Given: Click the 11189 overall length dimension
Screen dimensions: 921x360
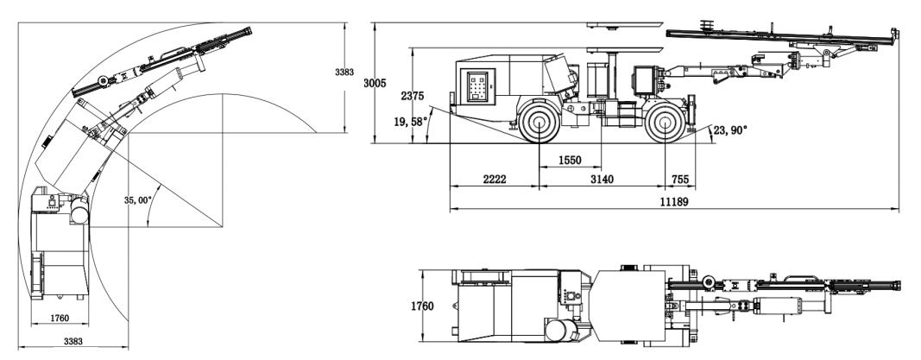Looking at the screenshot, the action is tap(674, 201).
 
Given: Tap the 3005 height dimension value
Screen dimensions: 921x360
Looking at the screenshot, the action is tap(375, 84).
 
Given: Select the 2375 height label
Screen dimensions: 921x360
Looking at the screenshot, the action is tap(413, 97).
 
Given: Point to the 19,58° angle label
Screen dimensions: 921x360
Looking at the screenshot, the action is tap(411, 122).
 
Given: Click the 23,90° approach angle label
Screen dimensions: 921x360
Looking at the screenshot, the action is tap(730, 130).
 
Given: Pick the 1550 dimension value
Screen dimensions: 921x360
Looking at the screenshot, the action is tap(570, 161).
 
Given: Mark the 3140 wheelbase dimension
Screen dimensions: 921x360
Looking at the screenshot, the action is tap(602, 180).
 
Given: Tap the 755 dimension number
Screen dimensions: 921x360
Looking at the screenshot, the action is tap(679, 180).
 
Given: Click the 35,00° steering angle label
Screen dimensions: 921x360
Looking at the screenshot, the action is tap(138, 200).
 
